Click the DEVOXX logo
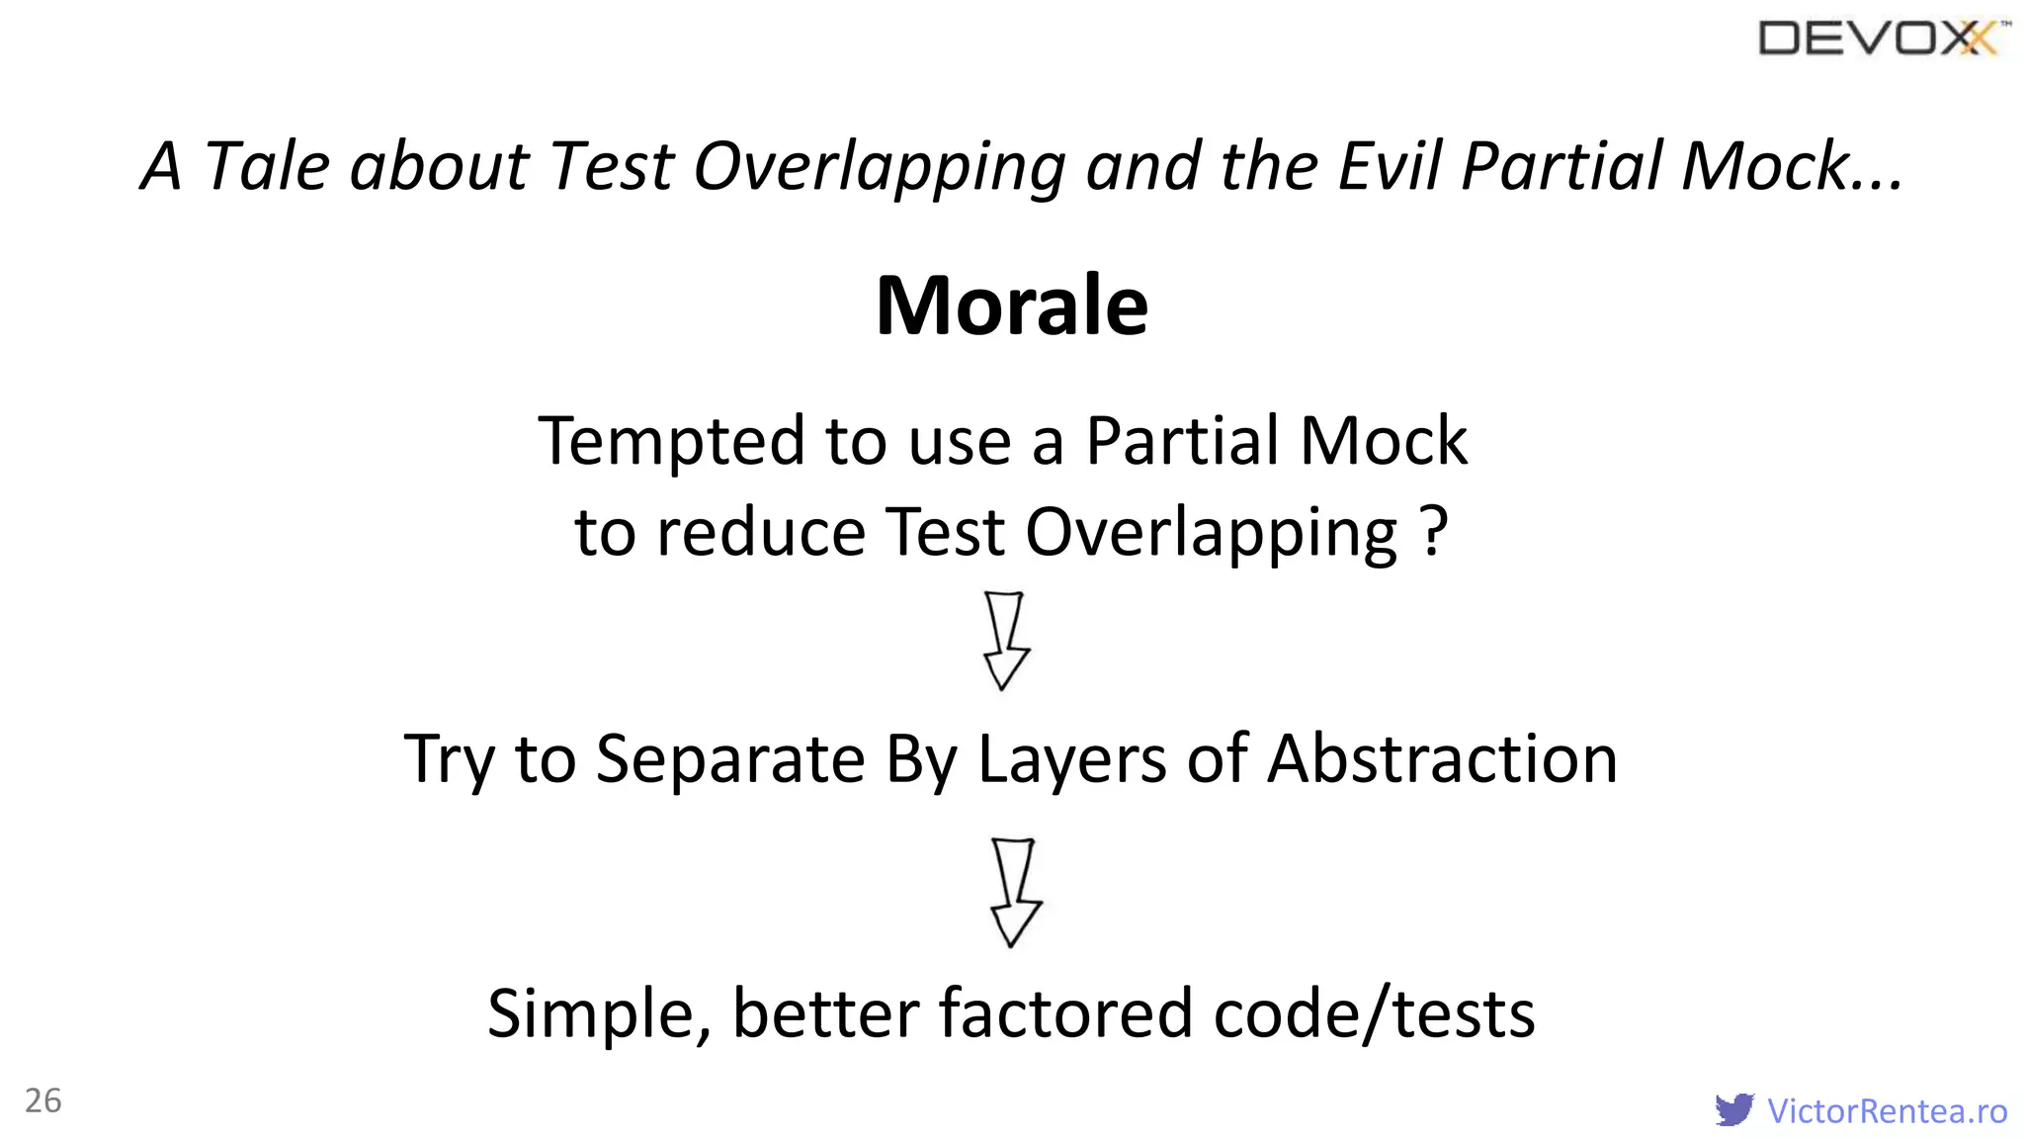click(x=1883, y=39)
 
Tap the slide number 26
click(x=42, y=1100)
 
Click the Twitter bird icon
click(x=1734, y=1109)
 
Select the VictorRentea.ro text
click(x=1887, y=1111)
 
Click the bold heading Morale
click(x=1011, y=306)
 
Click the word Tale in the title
click(x=266, y=165)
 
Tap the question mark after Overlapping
click(x=1435, y=531)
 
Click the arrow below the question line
click(x=1005, y=641)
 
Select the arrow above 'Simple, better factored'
click(x=1015, y=892)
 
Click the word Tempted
click(x=671, y=441)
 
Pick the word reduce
click(x=760, y=533)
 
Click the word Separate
click(x=731, y=759)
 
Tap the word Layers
click(x=1071, y=759)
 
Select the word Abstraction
click(x=1442, y=759)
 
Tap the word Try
click(x=450, y=759)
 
